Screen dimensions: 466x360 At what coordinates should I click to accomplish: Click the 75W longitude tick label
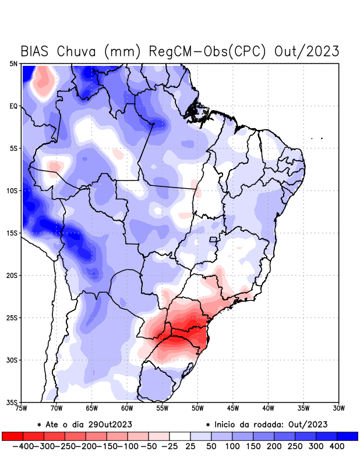(x=22, y=408)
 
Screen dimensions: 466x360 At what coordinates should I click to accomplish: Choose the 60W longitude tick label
(x=128, y=408)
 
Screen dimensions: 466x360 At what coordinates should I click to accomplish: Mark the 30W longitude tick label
(x=339, y=408)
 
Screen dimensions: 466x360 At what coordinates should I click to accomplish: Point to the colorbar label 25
(x=190, y=446)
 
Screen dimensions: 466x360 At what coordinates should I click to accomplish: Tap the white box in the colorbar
(x=179, y=436)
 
